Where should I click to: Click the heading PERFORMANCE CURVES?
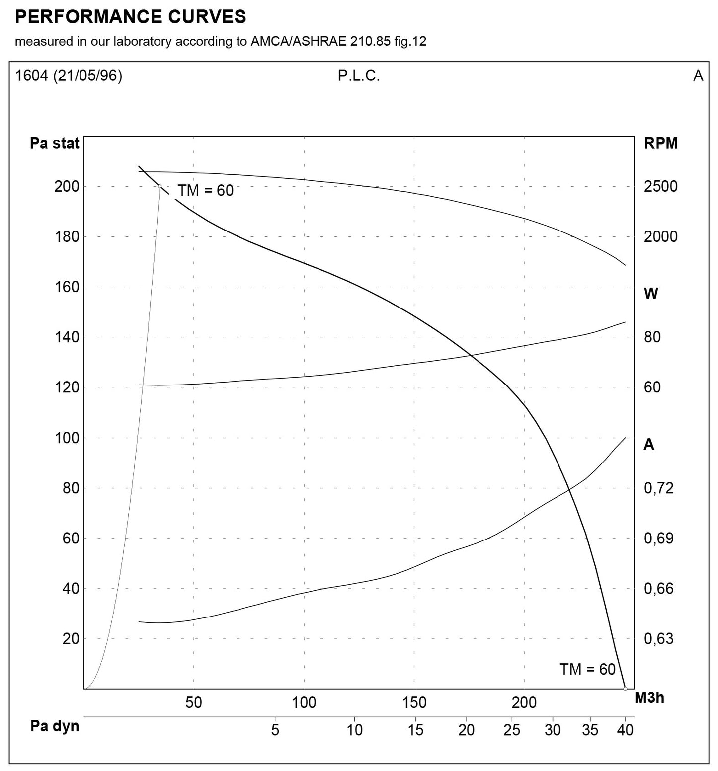(130, 17)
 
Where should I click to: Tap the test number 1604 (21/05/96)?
(69, 76)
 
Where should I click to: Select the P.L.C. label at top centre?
(358, 76)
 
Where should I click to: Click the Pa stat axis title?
(55, 143)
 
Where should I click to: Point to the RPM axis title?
(660, 143)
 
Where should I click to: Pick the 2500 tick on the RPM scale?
(660, 186)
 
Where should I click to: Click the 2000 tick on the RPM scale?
(660, 236)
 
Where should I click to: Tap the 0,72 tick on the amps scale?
(659, 488)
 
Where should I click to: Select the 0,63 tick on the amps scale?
(659, 638)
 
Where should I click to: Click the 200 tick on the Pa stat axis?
(67, 186)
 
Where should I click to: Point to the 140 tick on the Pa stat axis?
(67, 337)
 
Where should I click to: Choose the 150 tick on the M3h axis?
(414, 702)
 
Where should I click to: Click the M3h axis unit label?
(649, 697)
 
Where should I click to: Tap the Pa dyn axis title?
(55, 726)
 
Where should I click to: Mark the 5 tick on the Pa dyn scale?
(275, 730)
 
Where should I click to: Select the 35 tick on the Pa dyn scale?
(590, 730)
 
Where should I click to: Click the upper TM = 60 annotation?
(205, 190)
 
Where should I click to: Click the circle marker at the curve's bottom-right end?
(625, 689)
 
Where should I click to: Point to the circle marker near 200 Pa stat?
(160, 186)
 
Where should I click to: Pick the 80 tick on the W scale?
(652, 337)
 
